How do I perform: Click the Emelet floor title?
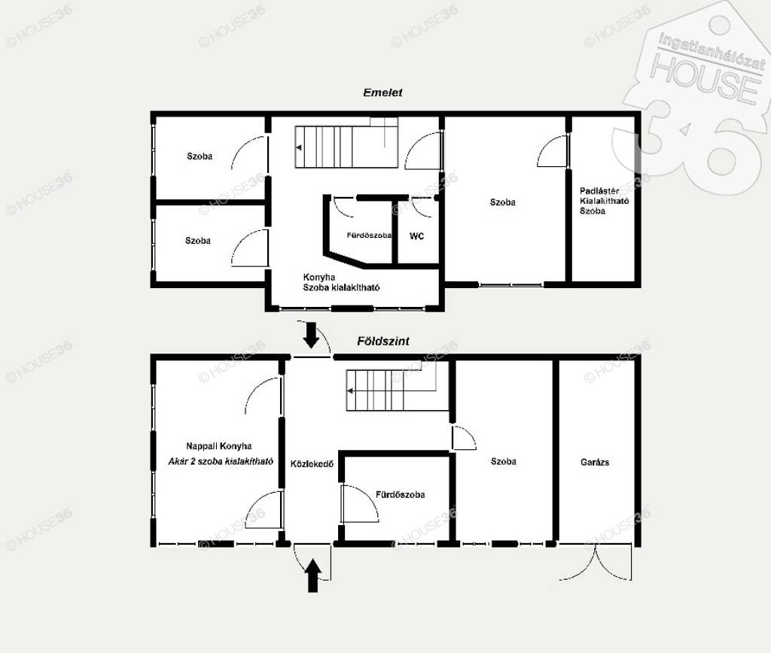(x=382, y=93)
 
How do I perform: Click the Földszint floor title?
(x=383, y=341)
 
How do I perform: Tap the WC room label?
(x=416, y=236)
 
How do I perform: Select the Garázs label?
(x=595, y=463)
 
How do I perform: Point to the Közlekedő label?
(x=312, y=464)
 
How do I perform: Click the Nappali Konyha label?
(x=219, y=446)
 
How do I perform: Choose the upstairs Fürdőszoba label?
(x=369, y=235)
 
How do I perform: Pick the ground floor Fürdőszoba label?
(x=401, y=495)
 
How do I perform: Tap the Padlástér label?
(x=599, y=190)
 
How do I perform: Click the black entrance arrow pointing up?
(x=312, y=576)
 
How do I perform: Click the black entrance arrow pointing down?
(x=311, y=335)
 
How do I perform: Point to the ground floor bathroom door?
(x=360, y=503)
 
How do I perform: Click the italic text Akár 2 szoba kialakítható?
(x=221, y=461)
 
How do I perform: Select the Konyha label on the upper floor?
(x=319, y=277)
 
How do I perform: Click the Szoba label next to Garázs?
(x=504, y=461)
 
